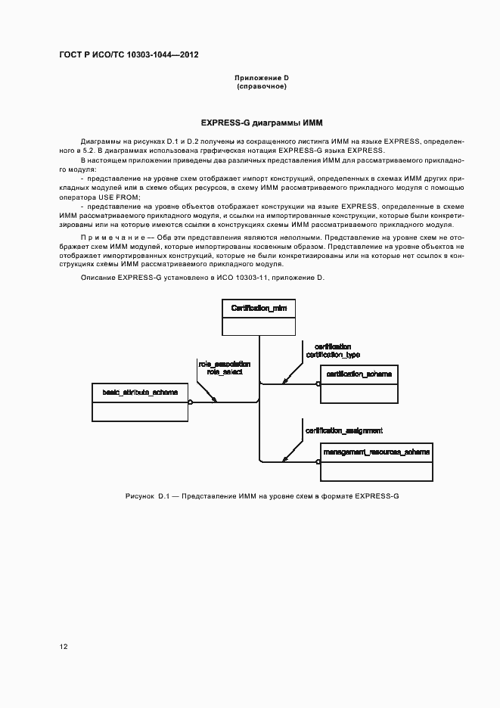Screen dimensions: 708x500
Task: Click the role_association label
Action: pyautogui.click(x=225, y=364)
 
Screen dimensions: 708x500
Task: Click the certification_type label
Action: pyautogui.click(x=333, y=354)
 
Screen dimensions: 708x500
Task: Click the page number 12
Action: pyautogui.click(x=64, y=647)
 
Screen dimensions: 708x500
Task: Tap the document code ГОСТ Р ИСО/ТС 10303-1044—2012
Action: pyautogui.click(x=129, y=56)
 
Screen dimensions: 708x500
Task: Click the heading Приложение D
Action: pyautogui.click(x=261, y=78)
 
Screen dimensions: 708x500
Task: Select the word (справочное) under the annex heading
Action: pyautogui.click(x=261, y=86)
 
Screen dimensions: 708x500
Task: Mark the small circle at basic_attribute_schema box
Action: pyautogui.click(x=191, y=402)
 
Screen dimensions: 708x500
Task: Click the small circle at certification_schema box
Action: pyautogui.click(x=318, y=384)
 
